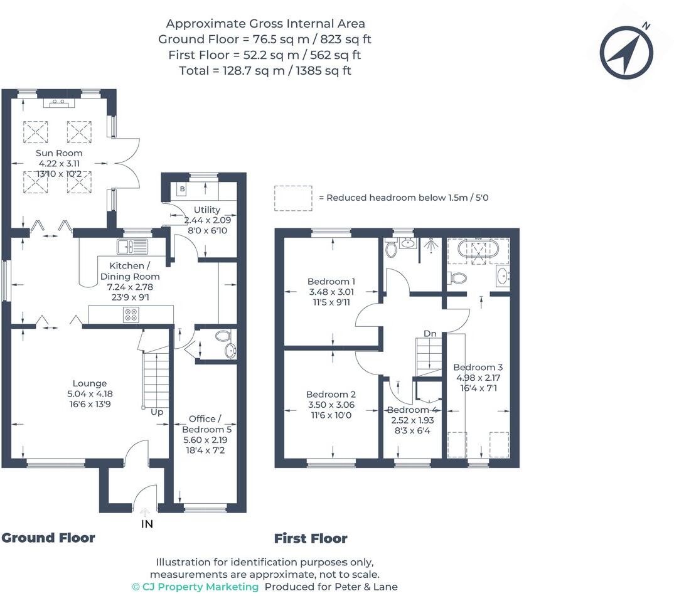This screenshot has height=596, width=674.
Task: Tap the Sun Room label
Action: click(60, 153)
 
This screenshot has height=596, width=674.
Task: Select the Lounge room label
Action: click(90, 383)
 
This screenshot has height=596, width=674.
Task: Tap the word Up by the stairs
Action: click(156, 412)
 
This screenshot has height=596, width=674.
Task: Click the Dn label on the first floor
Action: click(429, 334)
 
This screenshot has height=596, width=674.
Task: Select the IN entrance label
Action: click(146, 524)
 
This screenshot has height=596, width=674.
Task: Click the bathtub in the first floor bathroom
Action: click(476, 248)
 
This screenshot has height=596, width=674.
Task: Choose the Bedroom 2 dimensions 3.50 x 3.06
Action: click(331, 405)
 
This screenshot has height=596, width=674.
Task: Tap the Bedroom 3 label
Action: click(478, 367)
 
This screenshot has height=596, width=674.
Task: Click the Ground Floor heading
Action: click(48, 538)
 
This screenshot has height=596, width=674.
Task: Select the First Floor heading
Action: click(311, 538)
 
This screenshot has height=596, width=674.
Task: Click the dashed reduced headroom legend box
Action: click(292, 197)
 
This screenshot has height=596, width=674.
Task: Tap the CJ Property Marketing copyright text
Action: click(195, 587)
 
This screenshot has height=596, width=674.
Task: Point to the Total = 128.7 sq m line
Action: click(265, 70)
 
